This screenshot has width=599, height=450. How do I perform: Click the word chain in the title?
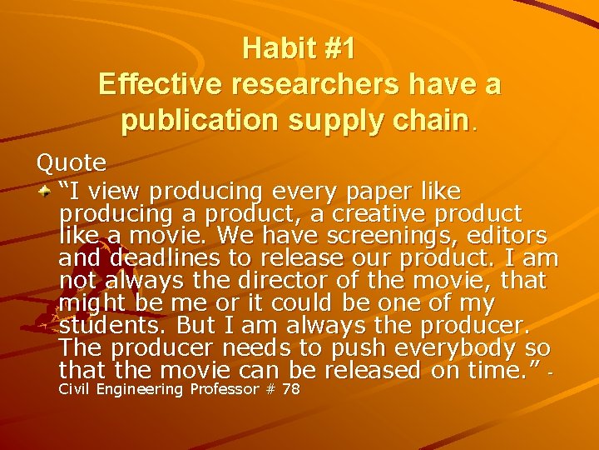pos(428,122)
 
